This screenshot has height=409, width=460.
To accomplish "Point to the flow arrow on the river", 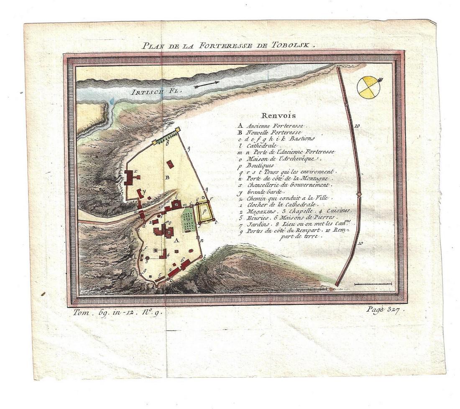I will click(207, 84).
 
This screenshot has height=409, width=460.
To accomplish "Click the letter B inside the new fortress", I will click(167, 177).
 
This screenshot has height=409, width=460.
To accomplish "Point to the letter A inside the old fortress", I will click(176, 240).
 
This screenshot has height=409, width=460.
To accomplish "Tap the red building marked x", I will click(132, 178).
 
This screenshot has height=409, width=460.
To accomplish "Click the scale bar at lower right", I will click(373, 284).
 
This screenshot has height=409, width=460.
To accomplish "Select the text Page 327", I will click(380, 310).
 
